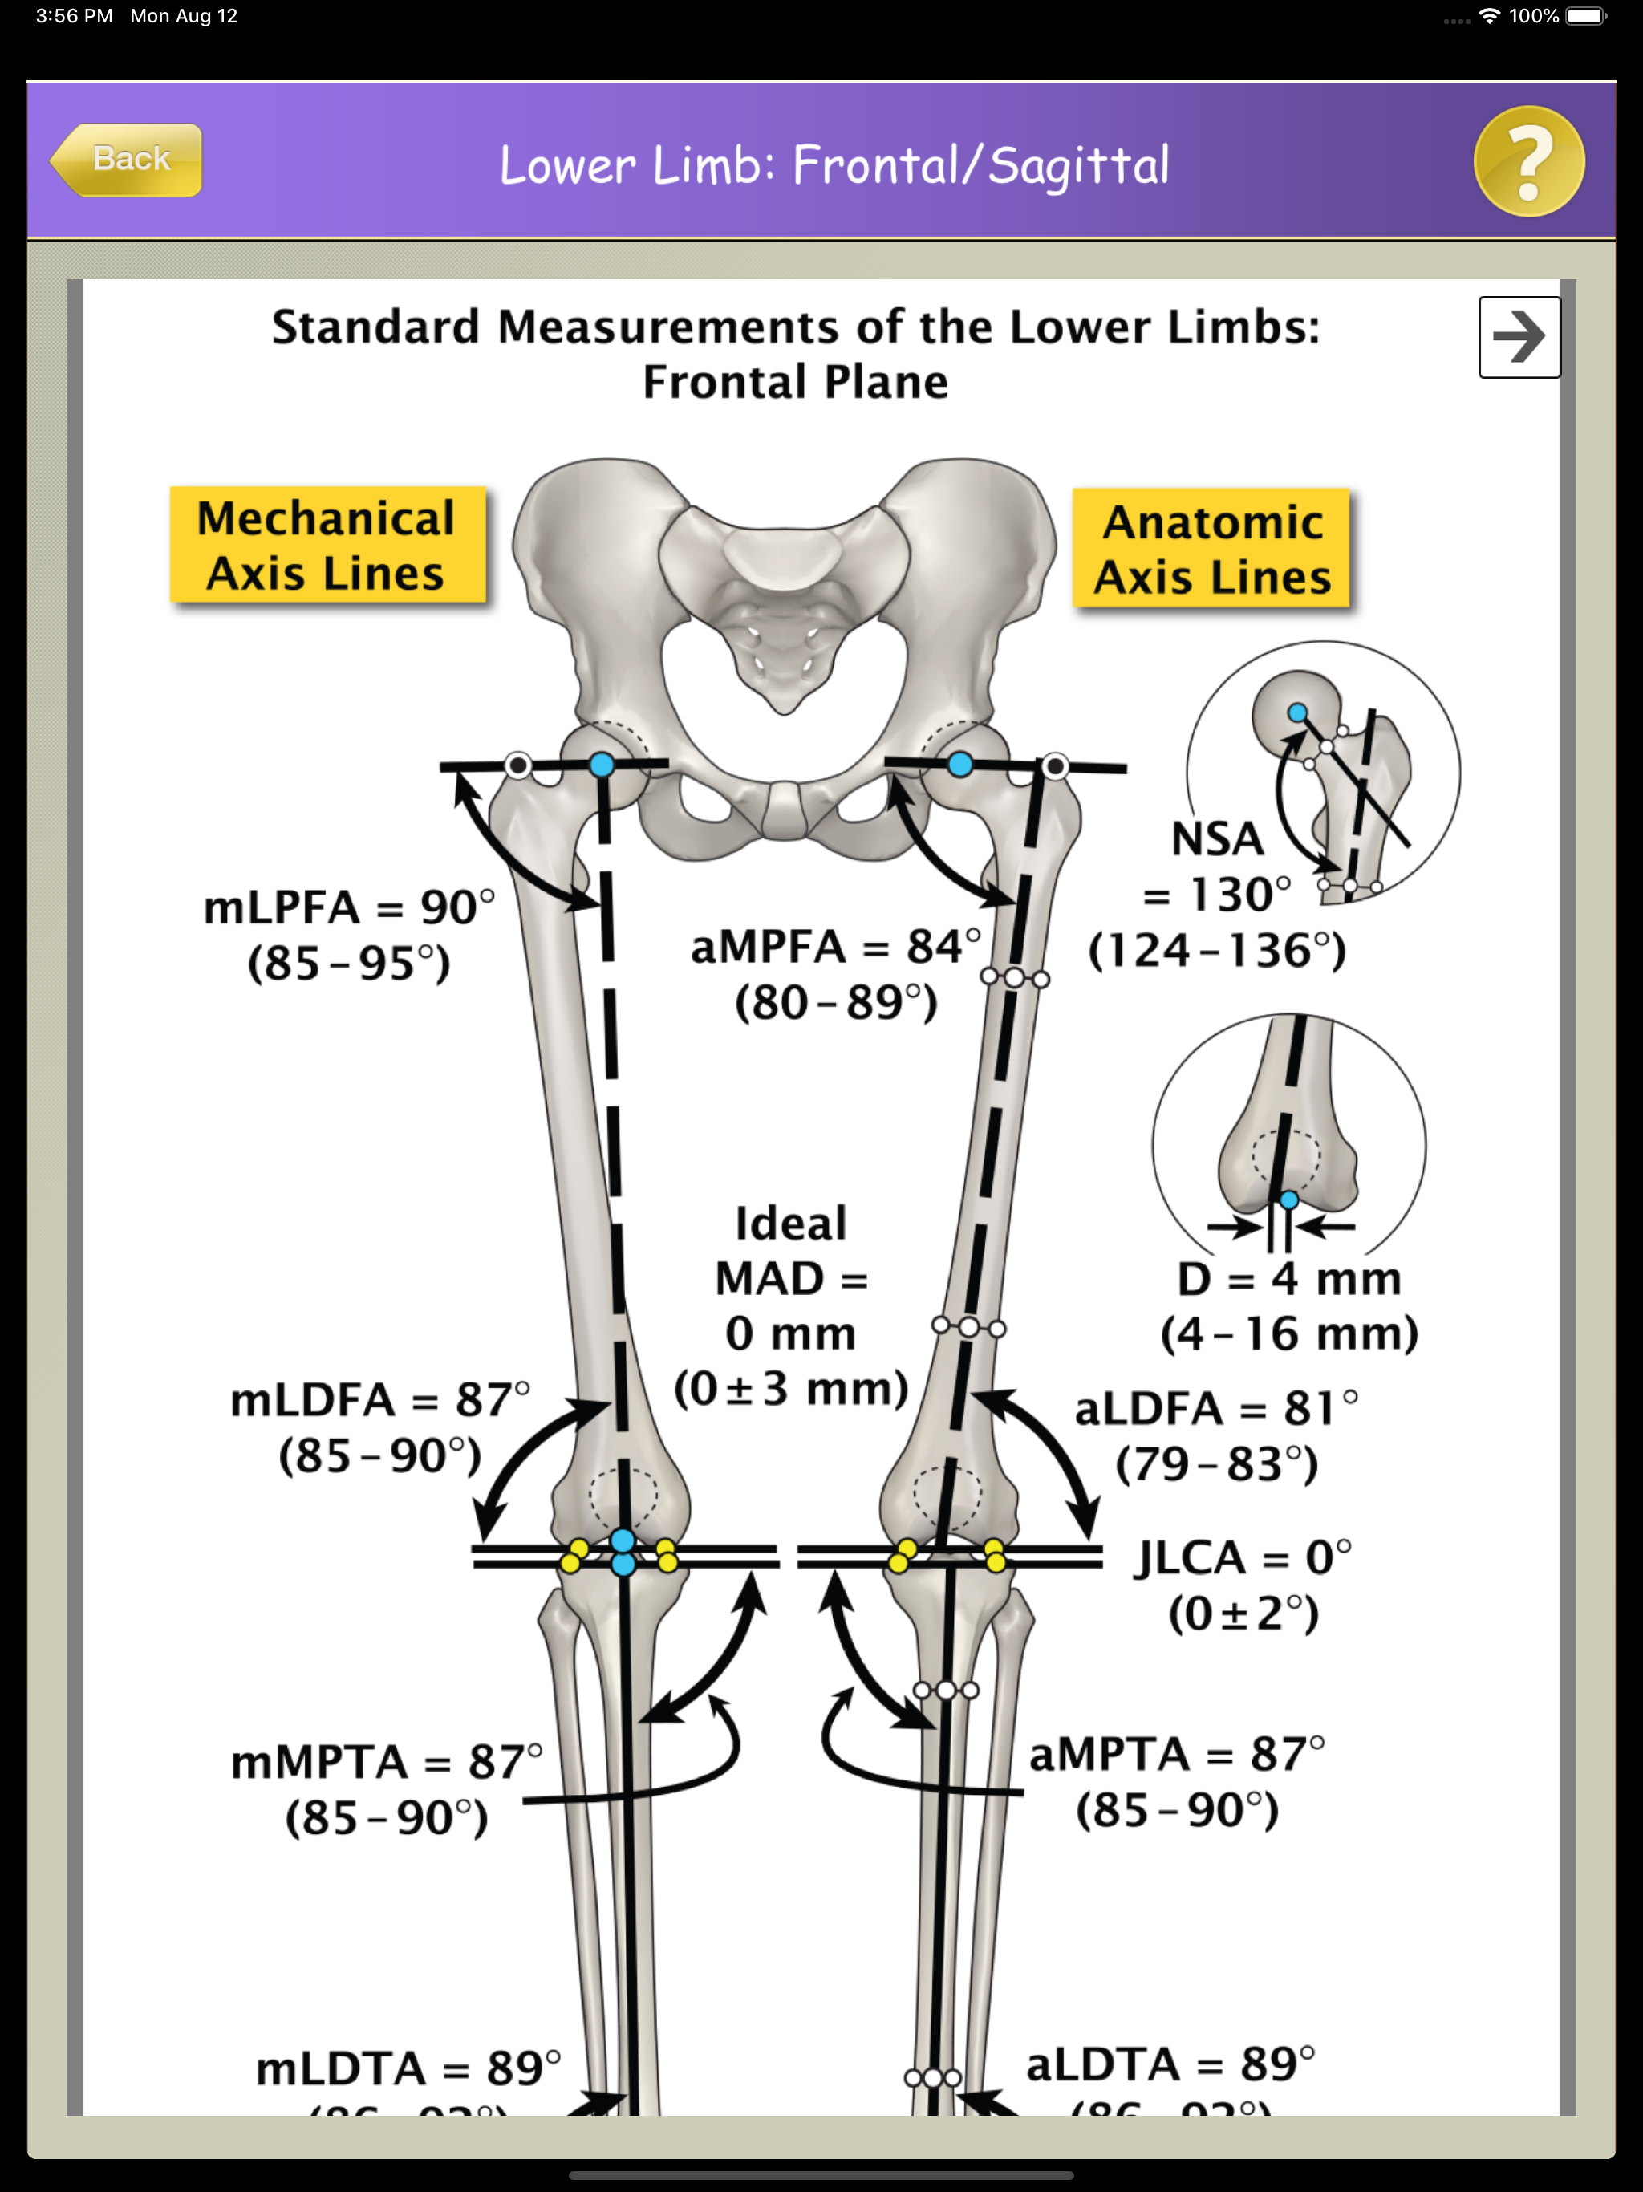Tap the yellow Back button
coord(127,160)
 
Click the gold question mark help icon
coord(1528,161)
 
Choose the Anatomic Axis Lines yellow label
coord(1212,549)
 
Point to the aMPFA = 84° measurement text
coord(835,948)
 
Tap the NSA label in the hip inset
coord(1217,839)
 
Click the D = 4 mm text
coord(1288,1279)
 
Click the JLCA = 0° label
coord(1243,1559)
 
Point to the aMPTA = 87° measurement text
coord(1176,1755)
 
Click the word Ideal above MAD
coord(791,1224)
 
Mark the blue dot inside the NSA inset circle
coord(1297,712)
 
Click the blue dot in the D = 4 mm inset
coord(1288,1200)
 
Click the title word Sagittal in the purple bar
coord(1078,165)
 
